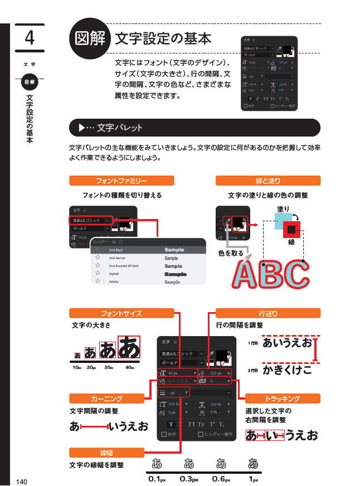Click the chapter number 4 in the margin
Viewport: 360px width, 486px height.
(x=30, y=38)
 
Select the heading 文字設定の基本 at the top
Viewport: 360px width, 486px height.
(x=163, y=38)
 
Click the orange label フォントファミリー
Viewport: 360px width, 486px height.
(x=121, y=181)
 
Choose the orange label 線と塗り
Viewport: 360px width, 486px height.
(x=267, y=181)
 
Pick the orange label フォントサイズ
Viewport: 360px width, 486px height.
(x=121, y=313)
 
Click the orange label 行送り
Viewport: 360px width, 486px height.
(x=267, y=313)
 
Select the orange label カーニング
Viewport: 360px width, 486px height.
(x=106, y=398)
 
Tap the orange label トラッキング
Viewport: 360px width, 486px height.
(x=283, y=398)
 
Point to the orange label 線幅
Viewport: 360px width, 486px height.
(x=106, y=451)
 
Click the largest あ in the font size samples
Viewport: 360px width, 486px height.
(x=129, y=347)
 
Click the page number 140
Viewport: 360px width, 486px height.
(x=22, y=482)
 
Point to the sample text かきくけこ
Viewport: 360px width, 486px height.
(x=287, y=370)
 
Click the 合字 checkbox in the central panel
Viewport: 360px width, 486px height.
(x=164, y=434)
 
